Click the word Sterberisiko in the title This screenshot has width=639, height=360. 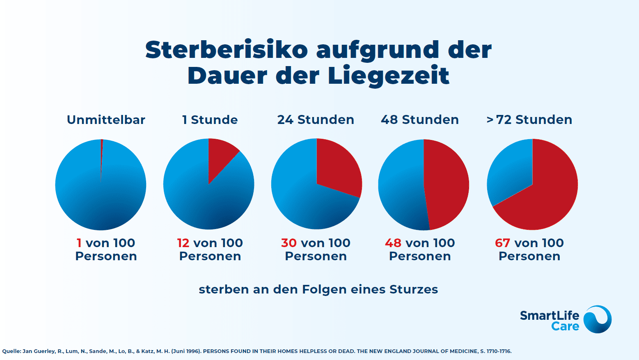click(227, 50)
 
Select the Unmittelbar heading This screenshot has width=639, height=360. click(106, 120)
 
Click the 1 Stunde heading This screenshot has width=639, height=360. click(210, 120)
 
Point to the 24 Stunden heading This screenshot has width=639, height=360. click(316, 120)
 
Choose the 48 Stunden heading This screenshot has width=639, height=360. click(420, 120)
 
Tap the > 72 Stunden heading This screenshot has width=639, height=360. click(529, 120)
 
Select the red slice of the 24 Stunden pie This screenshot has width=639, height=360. click(337, 166)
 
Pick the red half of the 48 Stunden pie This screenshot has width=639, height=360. click(447, 185)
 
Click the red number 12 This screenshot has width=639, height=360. click(183, 243)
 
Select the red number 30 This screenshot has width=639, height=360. click(289, 243)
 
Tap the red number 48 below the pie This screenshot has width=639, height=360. click(393, 243)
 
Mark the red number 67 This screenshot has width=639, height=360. click(502, 243)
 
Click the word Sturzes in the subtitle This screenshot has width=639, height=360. click(414, 289)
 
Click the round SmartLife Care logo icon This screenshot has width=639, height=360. click(598, 319)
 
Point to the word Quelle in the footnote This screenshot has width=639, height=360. click(11, 351)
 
